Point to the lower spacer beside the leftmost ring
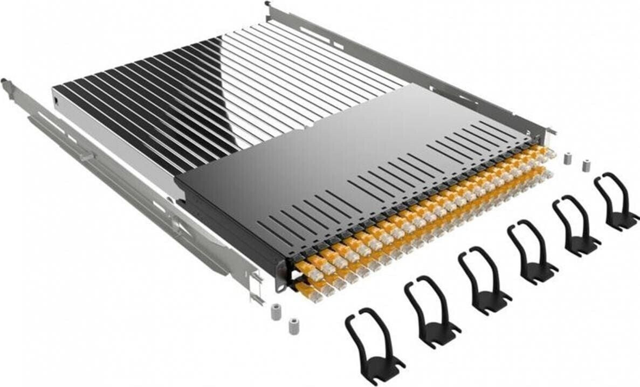pos(294,326)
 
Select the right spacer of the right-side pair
pos(585,164)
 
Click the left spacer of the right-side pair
pos(567,158)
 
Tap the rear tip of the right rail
pos(268,5)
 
